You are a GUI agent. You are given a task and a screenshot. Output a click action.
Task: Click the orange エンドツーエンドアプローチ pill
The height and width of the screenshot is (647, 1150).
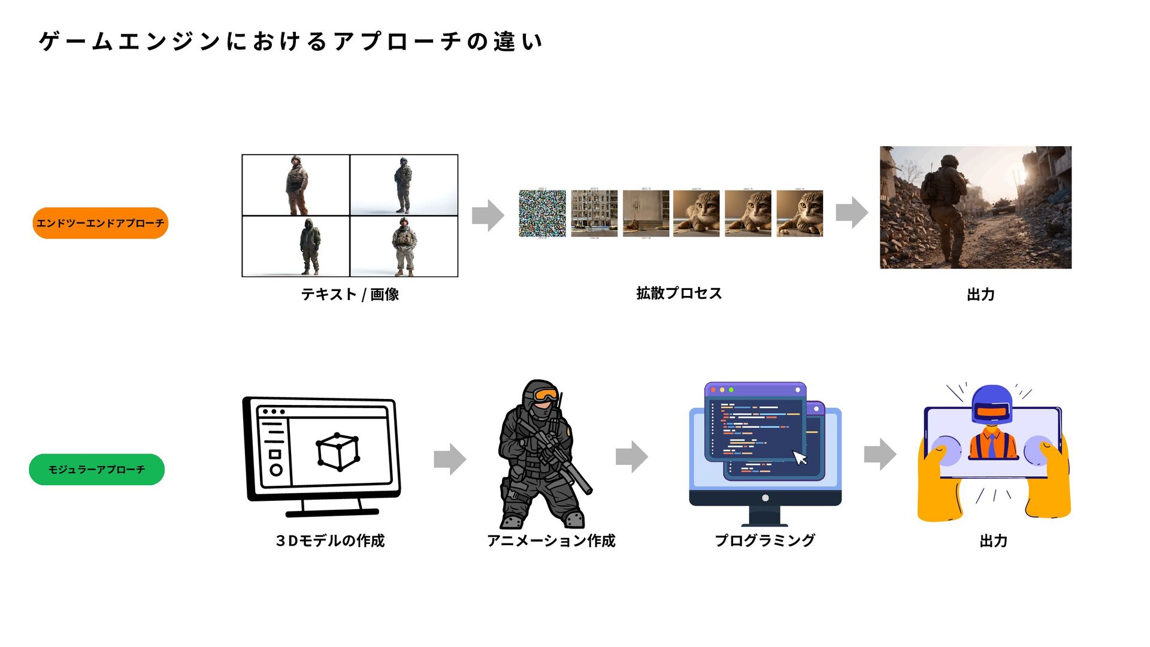pos(100,223)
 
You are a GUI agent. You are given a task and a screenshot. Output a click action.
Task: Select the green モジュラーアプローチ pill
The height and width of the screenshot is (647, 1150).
pos(96,469)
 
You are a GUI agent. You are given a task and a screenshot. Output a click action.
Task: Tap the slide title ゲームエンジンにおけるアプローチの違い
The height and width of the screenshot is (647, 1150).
pos(290,41)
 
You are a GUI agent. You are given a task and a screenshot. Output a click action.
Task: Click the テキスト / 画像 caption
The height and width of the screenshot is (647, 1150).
pos(350,294)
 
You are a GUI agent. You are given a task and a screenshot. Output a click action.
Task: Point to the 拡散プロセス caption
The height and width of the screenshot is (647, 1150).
pos(679,293)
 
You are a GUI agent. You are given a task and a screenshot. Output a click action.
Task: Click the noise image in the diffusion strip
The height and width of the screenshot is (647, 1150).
pos(542,213)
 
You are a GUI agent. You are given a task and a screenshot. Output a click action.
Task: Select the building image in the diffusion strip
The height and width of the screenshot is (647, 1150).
pos(594,213)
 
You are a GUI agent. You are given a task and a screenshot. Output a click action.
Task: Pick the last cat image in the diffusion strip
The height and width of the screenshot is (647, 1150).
pos(800,213)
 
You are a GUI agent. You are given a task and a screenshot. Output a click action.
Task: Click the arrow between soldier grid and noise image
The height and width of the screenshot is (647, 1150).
pos(488,215)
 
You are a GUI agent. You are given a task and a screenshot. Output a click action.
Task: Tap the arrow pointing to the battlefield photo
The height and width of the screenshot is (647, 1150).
pos(851,212)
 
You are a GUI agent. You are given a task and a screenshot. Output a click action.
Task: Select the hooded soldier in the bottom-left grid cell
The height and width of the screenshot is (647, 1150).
pos(310,246)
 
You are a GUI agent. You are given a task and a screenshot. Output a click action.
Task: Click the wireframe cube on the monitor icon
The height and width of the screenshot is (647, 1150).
pos(338,451)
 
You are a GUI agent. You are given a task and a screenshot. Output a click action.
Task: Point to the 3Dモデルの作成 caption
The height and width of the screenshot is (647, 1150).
pos(330,540)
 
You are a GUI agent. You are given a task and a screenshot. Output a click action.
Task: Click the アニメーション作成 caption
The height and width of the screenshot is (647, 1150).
pos(551,540)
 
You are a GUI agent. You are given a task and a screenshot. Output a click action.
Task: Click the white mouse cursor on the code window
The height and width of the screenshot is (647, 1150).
pos(800,458)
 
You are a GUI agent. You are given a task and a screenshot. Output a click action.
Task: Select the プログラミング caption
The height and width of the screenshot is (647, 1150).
pos(765,540)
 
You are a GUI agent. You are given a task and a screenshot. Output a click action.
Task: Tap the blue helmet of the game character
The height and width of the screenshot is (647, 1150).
pos(991,400)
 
